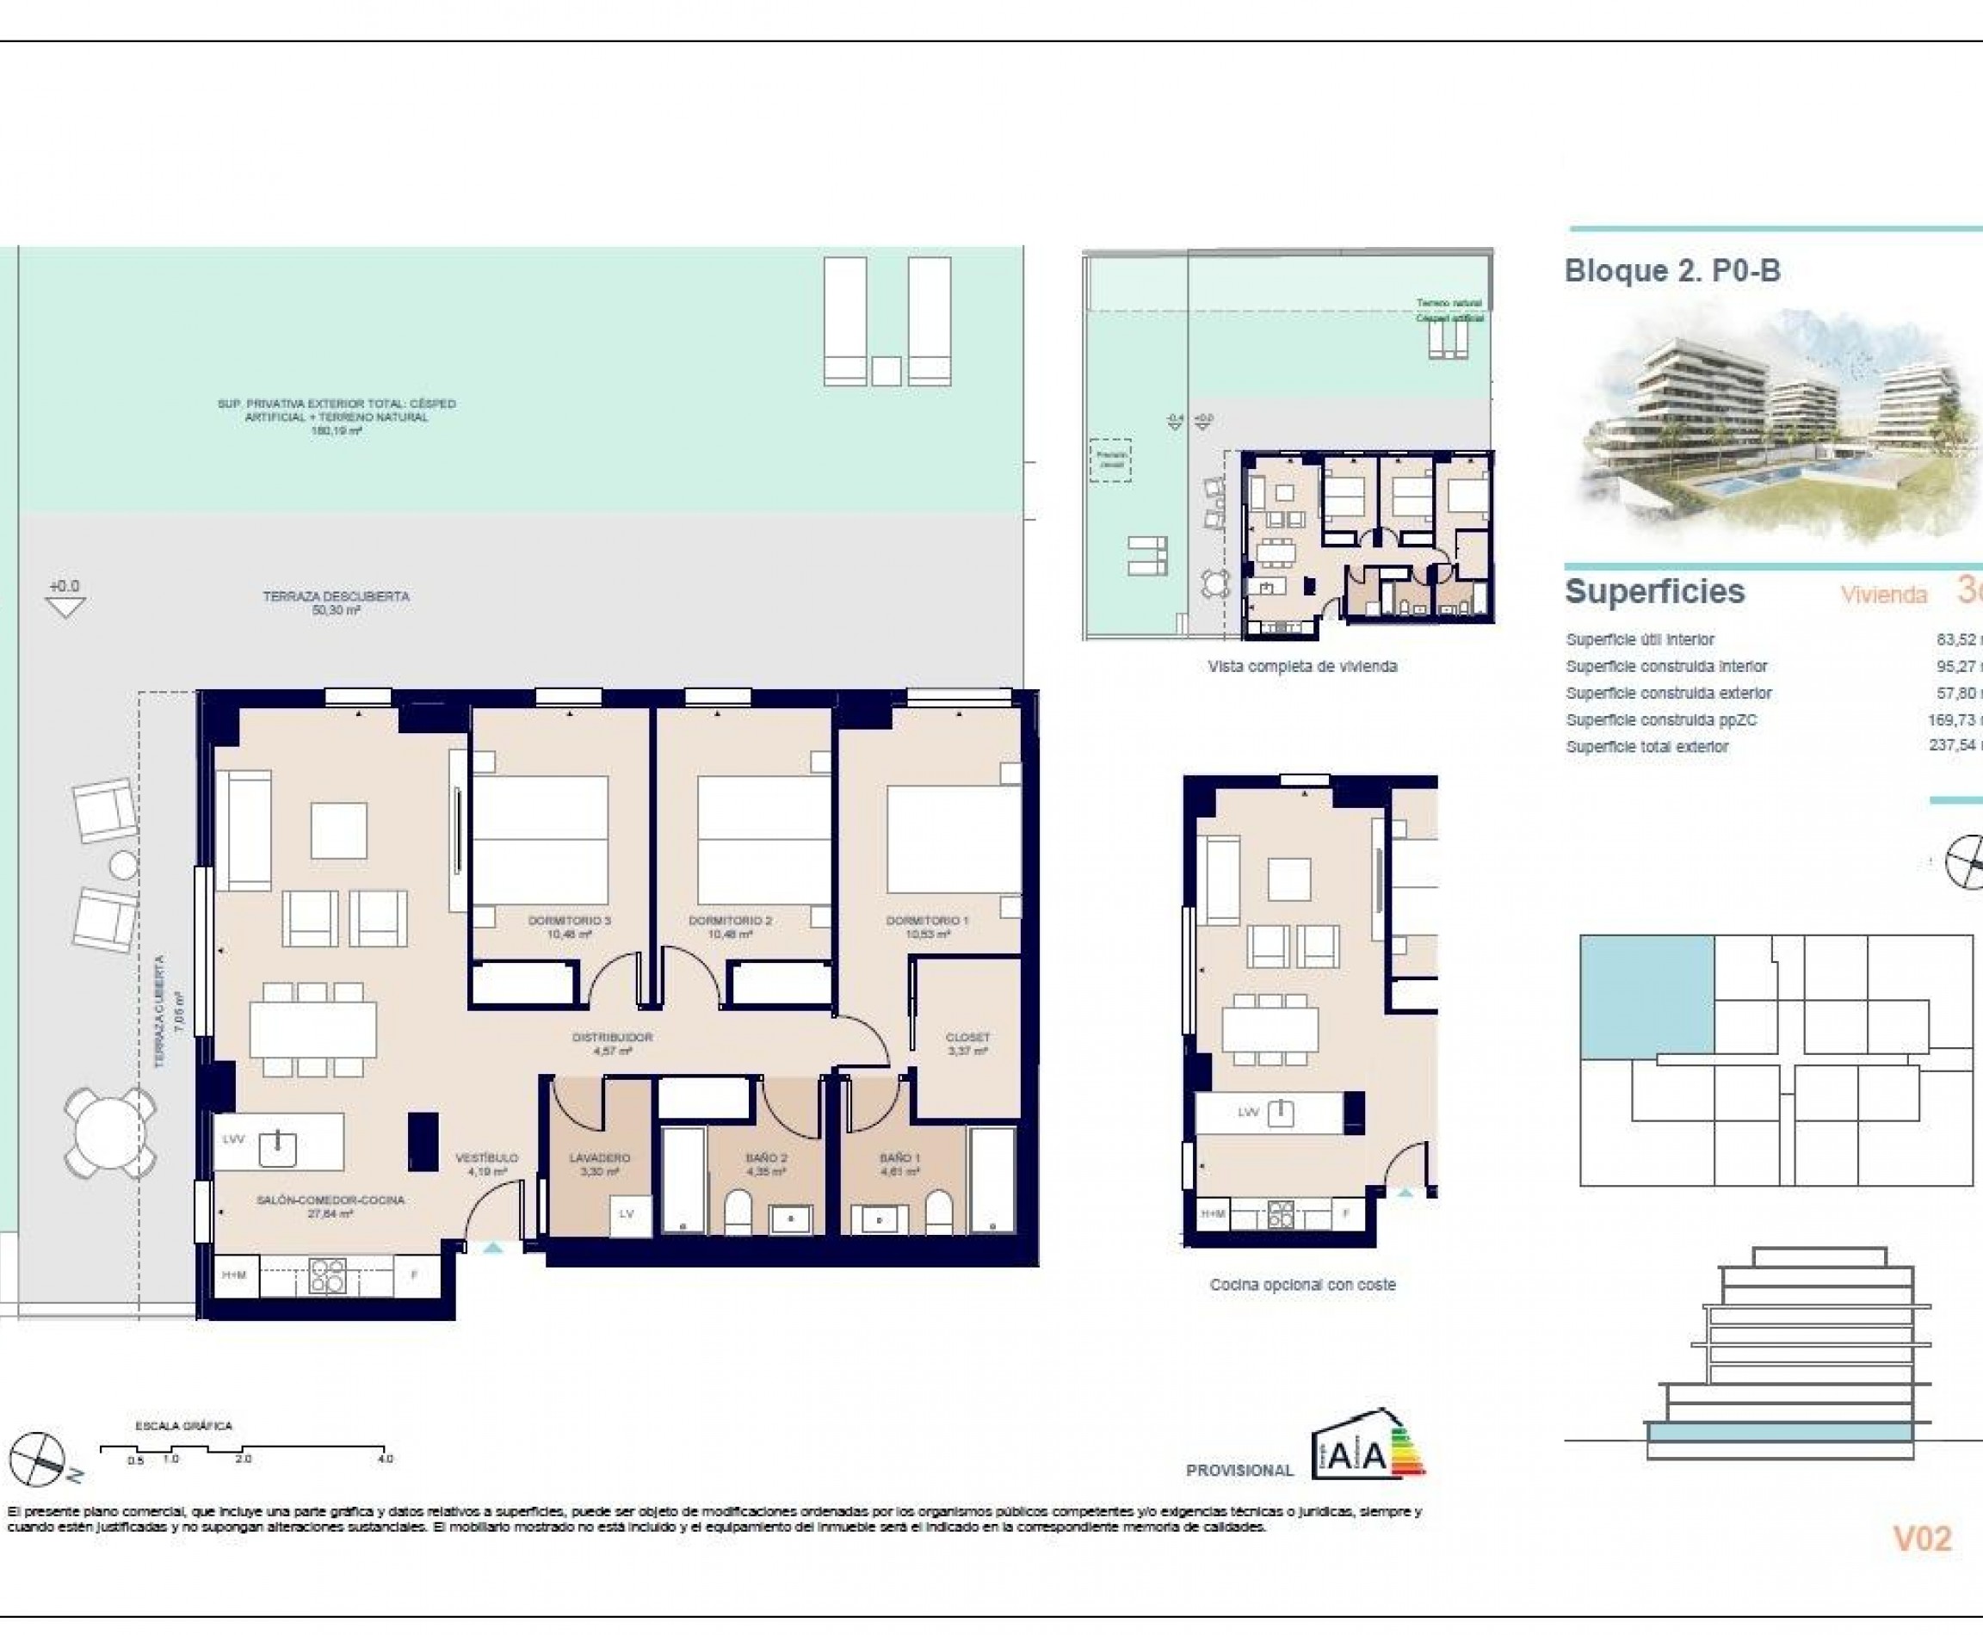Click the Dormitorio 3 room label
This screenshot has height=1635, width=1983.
tap(569, 927)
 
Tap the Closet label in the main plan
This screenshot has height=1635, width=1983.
tap(967, 1044)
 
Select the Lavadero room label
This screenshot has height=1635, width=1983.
tap(599, 1164)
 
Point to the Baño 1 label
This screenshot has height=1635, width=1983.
tap(899, 1164)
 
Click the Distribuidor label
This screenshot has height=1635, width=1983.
tap(612, 1044)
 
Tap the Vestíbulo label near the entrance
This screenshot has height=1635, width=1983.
tap(487, 1164)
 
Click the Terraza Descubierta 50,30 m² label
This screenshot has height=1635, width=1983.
tap(336, 602)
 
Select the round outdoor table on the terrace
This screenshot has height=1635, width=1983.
tap(109, 1134)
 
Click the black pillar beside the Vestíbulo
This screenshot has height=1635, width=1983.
tap(422, 1141)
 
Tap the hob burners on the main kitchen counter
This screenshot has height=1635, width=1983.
tap(327, 1276)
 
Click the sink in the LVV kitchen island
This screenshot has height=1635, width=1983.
tap(277, 1148)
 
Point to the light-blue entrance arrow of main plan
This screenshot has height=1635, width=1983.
tap(492, 1248)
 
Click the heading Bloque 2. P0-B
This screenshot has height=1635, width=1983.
tap(1672, 271)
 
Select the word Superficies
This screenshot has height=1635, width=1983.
tap(1654, 591)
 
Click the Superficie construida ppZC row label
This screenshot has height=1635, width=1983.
tap(1661, 719)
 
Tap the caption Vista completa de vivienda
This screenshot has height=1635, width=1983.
tap(1302, 667)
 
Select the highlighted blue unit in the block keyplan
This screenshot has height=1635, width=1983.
tap(1646, 996)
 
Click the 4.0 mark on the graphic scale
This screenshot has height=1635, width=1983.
tap(386, 1459)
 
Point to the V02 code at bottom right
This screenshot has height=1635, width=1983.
tap(1922, 1539)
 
